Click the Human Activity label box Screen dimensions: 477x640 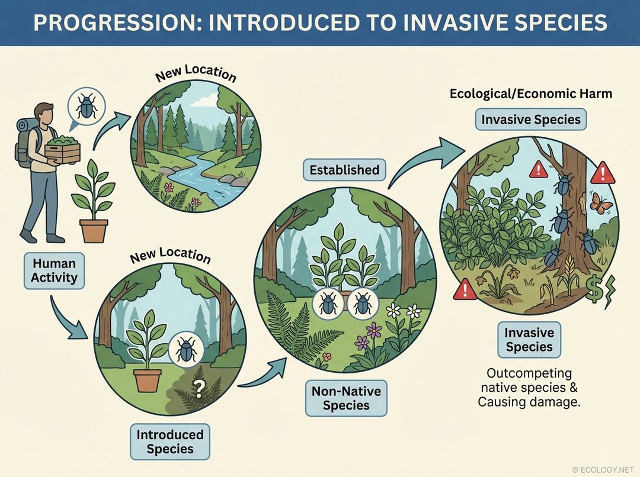click(55, 270)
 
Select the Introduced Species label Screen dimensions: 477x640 click(170, 441)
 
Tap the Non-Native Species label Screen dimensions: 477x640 click(346, 398)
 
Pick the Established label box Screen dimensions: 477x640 click(344, 170)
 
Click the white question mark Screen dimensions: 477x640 click(200, 389)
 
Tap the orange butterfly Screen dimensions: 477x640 click(601, 204)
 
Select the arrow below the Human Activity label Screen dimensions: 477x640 click(68, 320)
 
